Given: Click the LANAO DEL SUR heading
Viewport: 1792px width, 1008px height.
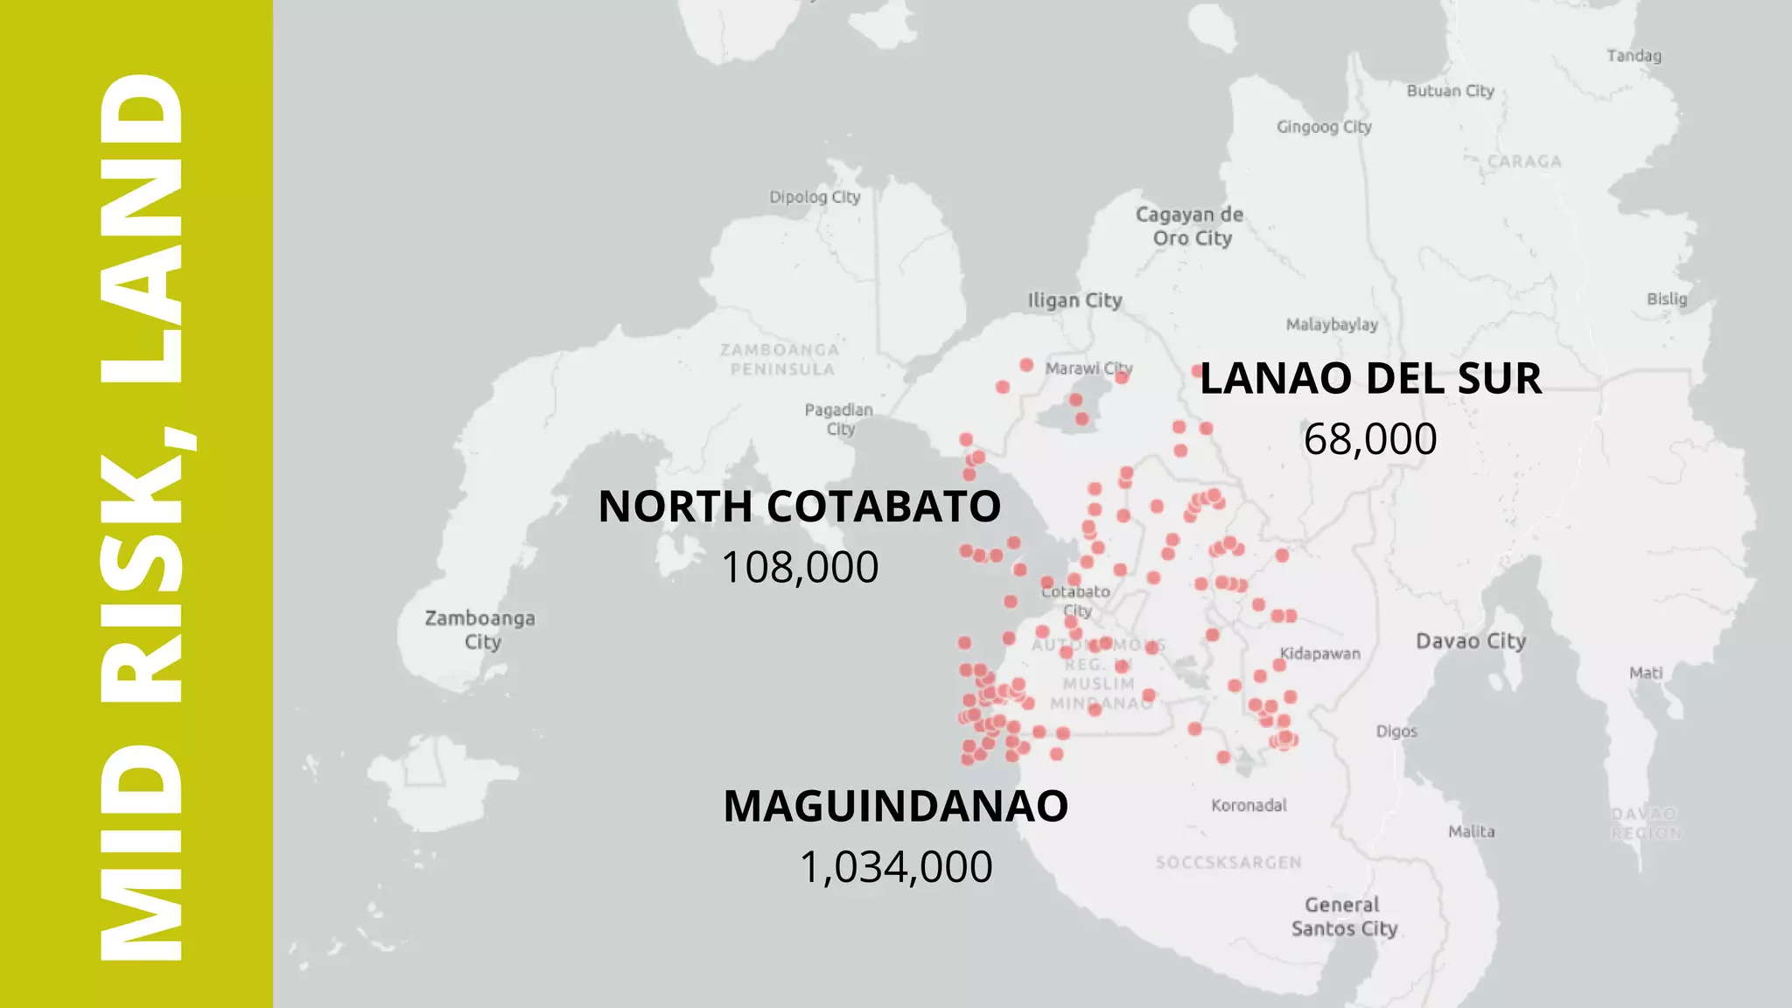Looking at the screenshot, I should [x=1370, y=379].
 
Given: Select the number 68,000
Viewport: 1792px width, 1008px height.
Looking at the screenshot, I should [x=1370, y=439].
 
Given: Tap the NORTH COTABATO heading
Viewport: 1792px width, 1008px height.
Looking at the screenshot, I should [x=800, y=507].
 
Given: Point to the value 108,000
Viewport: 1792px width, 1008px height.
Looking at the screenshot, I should [x=800, y=567].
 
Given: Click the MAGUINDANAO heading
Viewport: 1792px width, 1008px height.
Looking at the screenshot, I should [x=896, y=806].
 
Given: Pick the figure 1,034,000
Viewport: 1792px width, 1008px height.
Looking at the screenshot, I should [x=896, y=867].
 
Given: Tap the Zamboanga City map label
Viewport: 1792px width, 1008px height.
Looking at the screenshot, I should [x=480, y=629].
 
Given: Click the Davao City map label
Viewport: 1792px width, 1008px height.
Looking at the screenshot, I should [x=1471, y=641].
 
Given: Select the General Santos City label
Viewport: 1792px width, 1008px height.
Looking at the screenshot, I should [x=1344, y=916].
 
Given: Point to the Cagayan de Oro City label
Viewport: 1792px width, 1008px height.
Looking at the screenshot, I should [x=1190, y=226].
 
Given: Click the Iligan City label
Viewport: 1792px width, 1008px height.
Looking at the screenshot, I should [x=1075, y=300].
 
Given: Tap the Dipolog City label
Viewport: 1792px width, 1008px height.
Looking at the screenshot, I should [x=815, y=197].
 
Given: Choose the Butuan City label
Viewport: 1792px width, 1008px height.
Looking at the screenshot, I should [x=1450, y=91].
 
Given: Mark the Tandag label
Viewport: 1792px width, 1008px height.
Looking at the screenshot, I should [x=1634, y=56].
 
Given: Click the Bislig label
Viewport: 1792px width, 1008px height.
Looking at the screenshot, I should [x=1667, y=298].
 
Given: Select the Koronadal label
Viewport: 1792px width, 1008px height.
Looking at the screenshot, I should [x=1249, y=805].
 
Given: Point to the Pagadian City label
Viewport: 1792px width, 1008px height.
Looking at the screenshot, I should [x=839, y=418].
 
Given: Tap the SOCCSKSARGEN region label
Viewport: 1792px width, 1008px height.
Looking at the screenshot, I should [x=1228, y=863].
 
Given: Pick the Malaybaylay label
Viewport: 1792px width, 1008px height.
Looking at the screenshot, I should [x=1332, y=325].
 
